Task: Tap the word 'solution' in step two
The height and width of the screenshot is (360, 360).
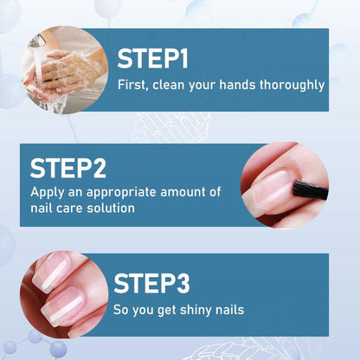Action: point(112,209)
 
